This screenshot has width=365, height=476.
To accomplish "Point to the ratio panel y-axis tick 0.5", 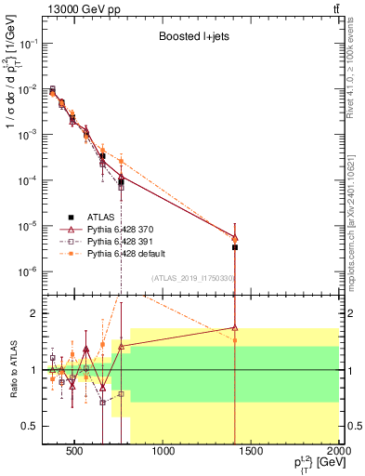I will tap(29, 426).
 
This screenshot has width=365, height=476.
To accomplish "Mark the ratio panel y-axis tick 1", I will tap(33, 370).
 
